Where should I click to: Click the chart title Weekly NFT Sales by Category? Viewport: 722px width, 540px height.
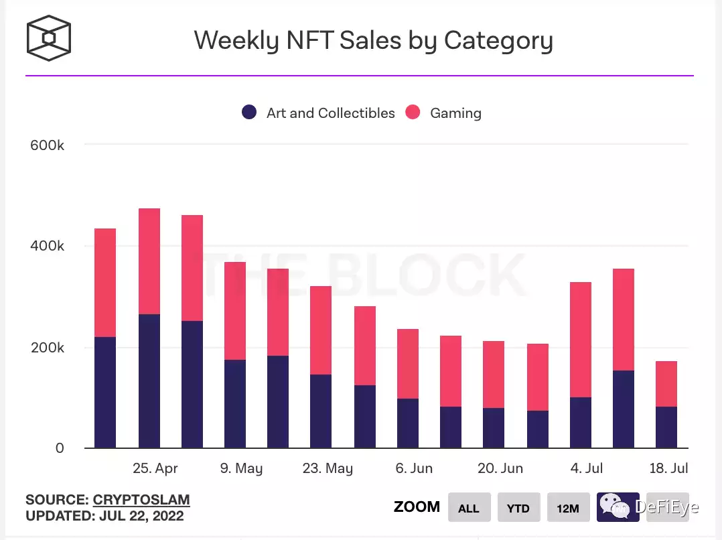(373, 40)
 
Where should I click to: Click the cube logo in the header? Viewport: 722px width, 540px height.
(49, 38)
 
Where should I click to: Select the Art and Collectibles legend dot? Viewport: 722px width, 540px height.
(249, 113)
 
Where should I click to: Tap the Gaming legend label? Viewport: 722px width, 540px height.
(455, 113)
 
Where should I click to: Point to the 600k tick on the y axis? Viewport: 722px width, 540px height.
(47, 145)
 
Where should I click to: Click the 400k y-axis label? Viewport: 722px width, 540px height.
(47, 247)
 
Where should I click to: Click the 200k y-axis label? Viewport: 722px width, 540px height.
(47, 348)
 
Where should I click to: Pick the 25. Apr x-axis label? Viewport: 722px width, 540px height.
(155, 468)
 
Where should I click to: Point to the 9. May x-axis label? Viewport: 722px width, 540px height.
(241, 468)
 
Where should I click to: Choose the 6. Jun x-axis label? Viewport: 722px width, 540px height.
(414, 468)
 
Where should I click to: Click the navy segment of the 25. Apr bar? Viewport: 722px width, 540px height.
(149, 381)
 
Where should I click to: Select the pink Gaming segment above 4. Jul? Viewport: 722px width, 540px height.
(581, 340)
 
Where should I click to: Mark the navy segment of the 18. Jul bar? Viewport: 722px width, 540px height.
(666, 427)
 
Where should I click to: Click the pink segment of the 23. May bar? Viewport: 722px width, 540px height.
(321, 330)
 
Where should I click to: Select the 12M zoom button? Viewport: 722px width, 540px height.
(568, 508)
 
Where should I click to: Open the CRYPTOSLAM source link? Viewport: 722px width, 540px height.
(141, 500)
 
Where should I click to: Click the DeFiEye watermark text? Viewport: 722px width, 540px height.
(667, 507)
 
